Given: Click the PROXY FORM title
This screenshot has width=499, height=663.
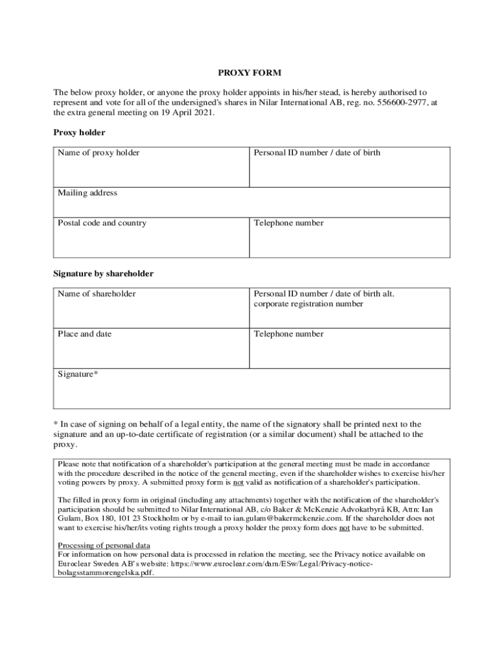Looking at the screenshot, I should pyautogui.click(x=249, y=73).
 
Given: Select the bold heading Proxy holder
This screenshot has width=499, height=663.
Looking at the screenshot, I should pyautogui.click(x=79, y=132).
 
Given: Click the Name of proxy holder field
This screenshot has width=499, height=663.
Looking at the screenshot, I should pyautogui.click(x=151, y=170).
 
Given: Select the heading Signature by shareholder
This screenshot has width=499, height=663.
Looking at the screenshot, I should pyautogui.click(x=103, y=274).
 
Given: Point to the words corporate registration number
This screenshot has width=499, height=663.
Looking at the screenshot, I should pyautogui.click(x=308, y=304).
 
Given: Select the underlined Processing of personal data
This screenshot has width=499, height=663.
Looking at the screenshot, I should pyautogui.click(x=104, y=545).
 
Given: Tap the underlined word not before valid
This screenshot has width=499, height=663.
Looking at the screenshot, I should pyautogui.click(x=238, y=482).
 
